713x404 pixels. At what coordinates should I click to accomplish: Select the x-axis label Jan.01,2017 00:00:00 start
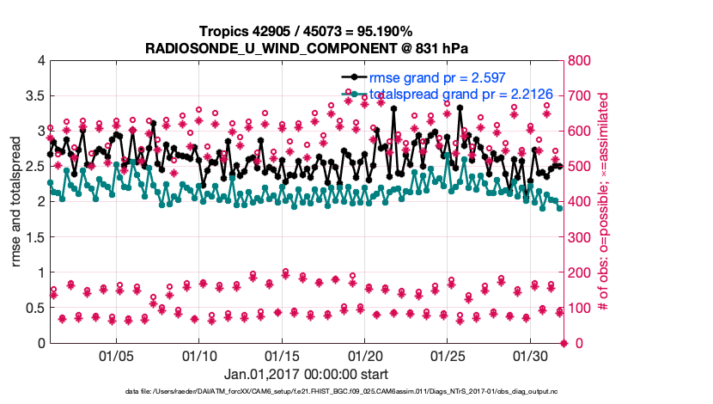click(x=306, y=375)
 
